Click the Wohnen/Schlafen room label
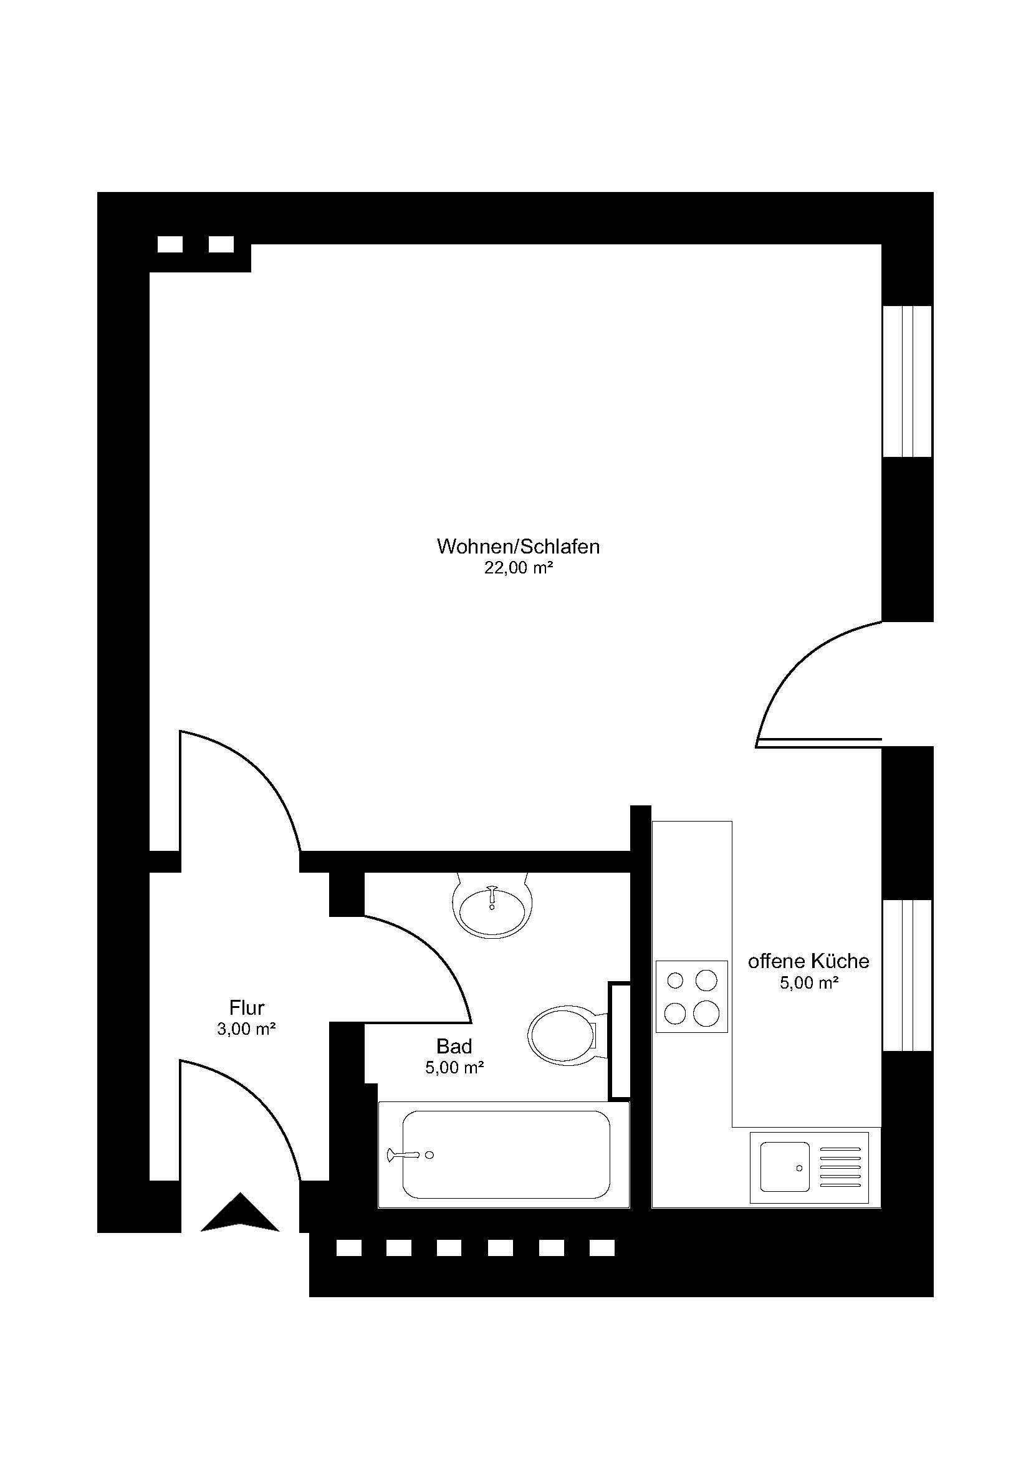coord(518,547)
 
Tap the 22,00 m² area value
coord(518,568)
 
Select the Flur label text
coord(246,1008)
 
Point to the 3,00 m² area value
coord(246,1029)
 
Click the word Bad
coord(454,1046)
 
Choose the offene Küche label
coord(808,961)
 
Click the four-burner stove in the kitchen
coord(691,996)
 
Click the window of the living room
coord(907,381)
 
